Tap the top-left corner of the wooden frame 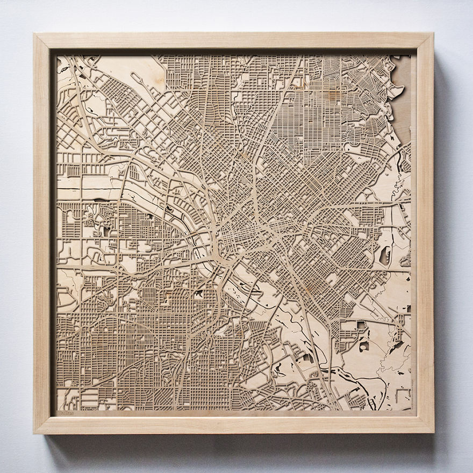coord(34,34)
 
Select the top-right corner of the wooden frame coord(433,33)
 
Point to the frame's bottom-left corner coord(34,433)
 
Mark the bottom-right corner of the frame coord(433,433)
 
